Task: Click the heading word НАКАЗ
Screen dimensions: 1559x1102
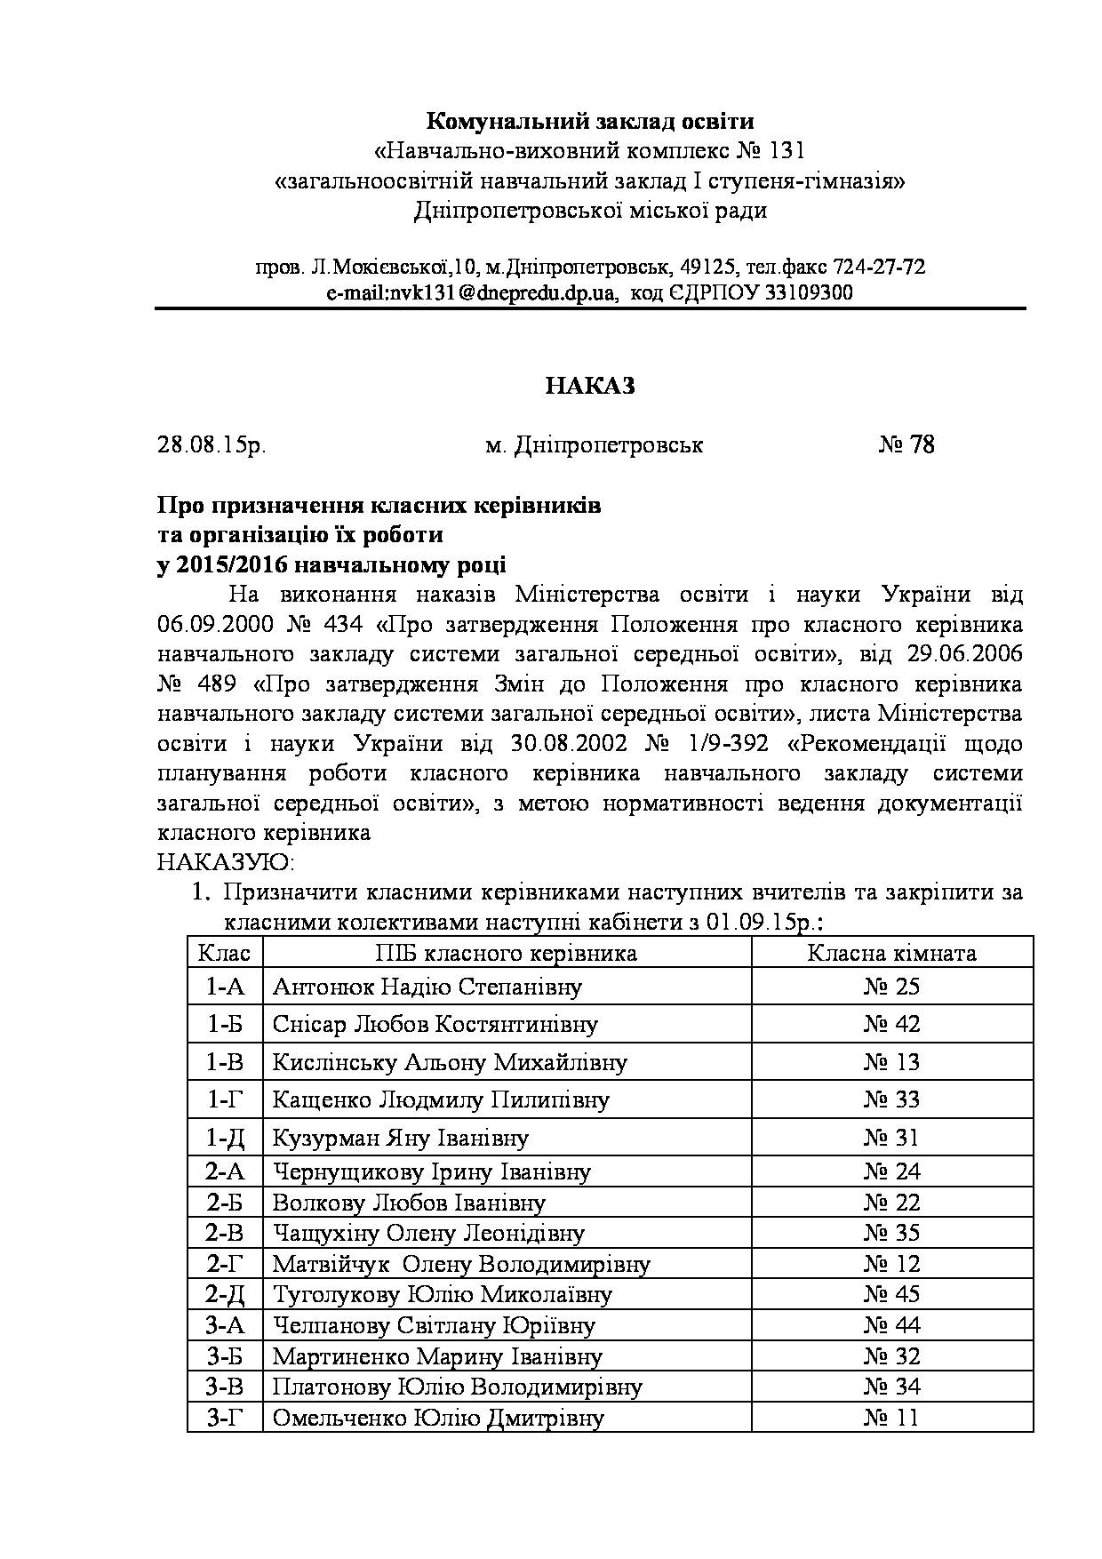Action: coord(590,386)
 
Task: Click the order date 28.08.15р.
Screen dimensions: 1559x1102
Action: coord(212,444)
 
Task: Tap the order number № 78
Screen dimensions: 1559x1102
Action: coord(906,444)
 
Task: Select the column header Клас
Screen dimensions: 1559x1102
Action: coord(224,954)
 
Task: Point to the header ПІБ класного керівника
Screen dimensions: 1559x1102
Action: coord(506,954)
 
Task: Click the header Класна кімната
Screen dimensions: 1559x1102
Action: coord(891,954)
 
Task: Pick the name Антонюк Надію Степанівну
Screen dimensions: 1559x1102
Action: coord(427,987)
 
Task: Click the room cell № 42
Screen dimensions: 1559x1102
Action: coord(891,1024)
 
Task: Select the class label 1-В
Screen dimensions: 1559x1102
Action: coord(225,1062)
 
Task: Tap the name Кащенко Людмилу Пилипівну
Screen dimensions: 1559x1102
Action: coord(441,1099)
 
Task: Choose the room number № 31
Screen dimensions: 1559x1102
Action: coord(891,1138)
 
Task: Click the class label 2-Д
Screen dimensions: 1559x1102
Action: coord(225,1294)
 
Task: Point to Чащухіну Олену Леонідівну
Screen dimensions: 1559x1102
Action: coord(428,1233)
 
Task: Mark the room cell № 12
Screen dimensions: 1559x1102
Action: coord(891,1263)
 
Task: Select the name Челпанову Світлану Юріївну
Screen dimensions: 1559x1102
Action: coord(434,1325)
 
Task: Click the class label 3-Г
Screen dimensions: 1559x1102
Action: coord(225,1417)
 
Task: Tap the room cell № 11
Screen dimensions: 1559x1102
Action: coord(891,1417)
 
